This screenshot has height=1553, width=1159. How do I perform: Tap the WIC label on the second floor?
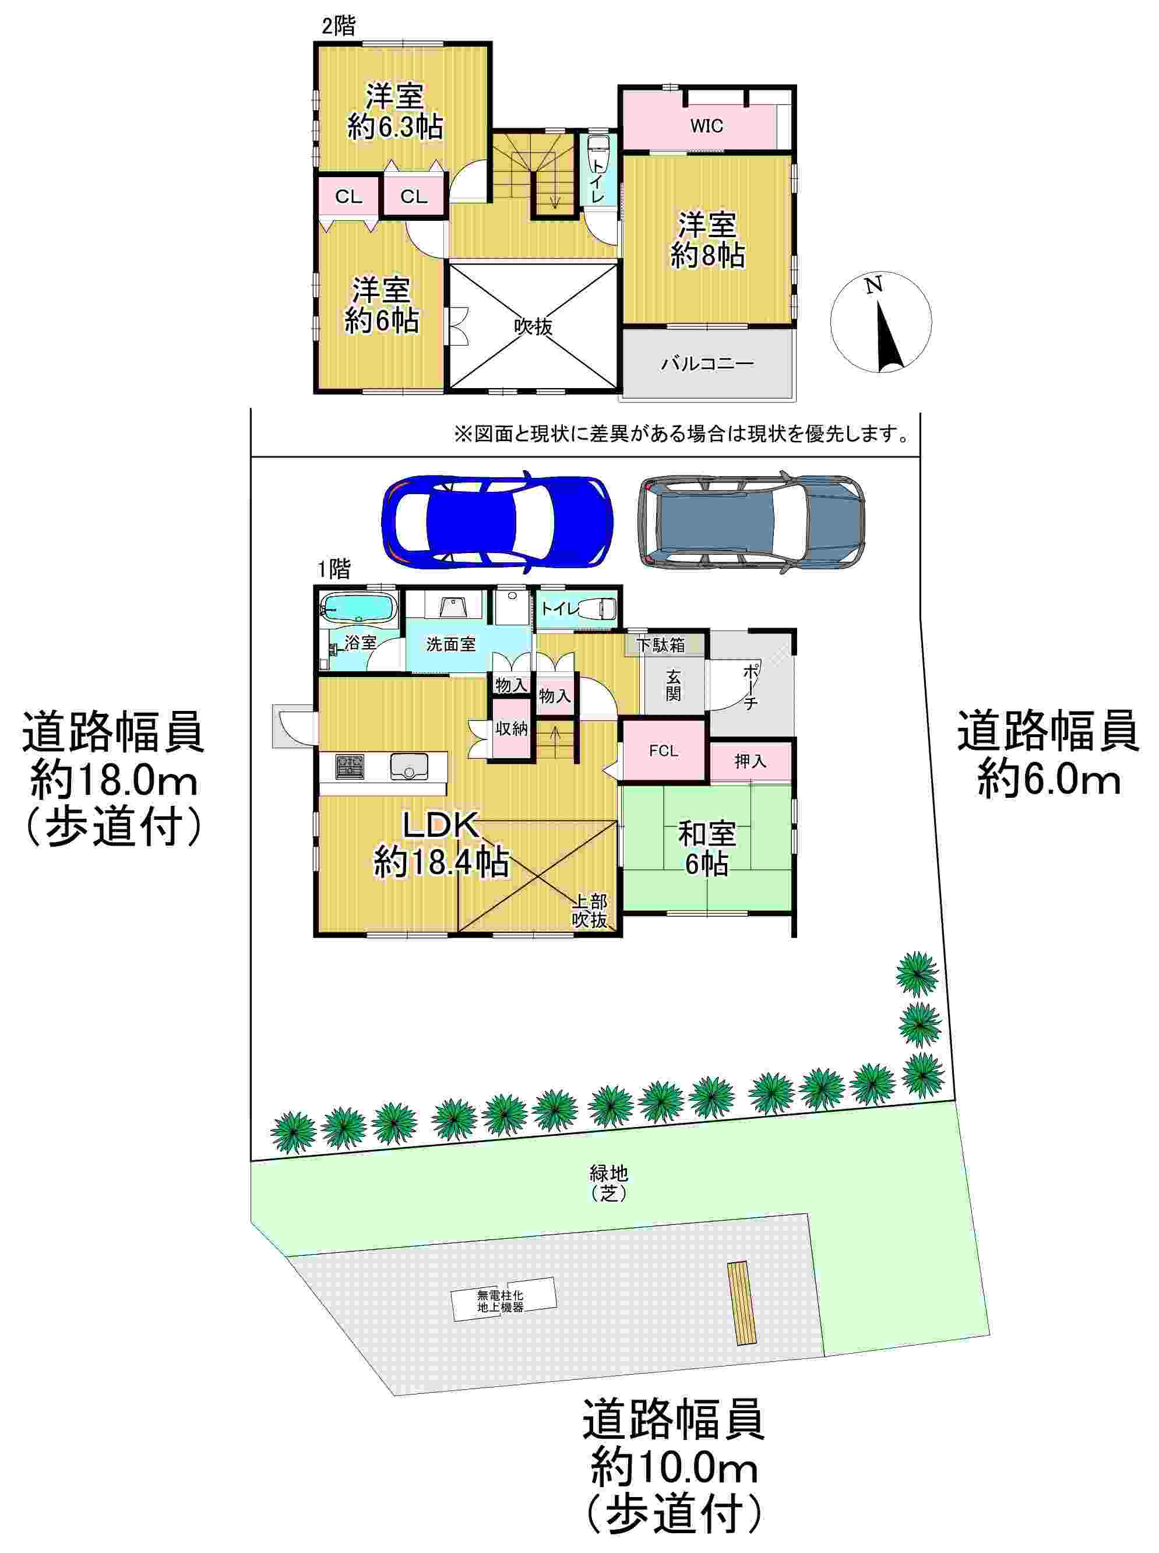click(706, 126)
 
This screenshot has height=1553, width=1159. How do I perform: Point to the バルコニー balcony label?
click(707, 364)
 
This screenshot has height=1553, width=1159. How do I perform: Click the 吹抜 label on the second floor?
click(533, 326)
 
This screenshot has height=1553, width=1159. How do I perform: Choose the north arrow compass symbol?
click(881, 322)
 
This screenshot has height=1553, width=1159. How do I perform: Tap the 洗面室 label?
click(450, 644)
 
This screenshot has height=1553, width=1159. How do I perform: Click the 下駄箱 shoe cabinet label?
click(661, 644)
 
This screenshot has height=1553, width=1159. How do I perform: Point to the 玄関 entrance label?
click(673, 685)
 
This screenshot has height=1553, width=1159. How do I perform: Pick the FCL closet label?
click(663, 751)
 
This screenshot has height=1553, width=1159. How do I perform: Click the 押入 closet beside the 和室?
click(750, 761)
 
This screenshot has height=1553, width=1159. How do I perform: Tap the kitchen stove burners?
click(348, 766)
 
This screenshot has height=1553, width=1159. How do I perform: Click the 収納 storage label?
click(512, 728)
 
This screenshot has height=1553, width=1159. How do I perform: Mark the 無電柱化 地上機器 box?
click(503, 1301)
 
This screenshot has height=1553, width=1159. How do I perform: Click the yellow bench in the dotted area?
click(743, 1303)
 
